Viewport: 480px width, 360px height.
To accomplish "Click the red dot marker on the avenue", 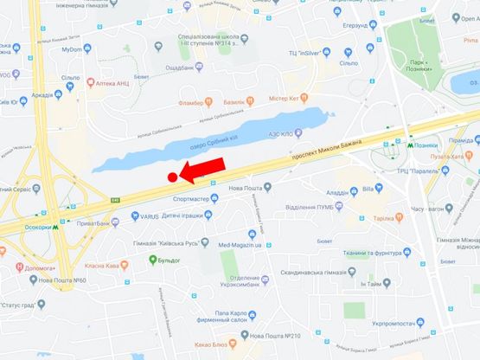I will pyautogui.click(x=173, y=177).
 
